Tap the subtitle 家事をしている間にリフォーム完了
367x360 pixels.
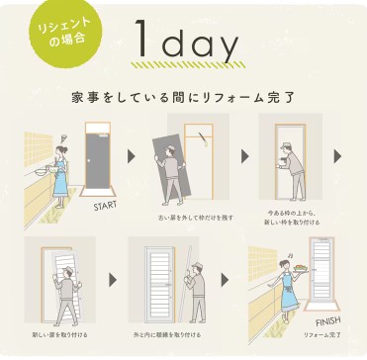click(183, 100)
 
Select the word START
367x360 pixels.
click(106, 207)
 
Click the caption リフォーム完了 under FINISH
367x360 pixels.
click(322, 336)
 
